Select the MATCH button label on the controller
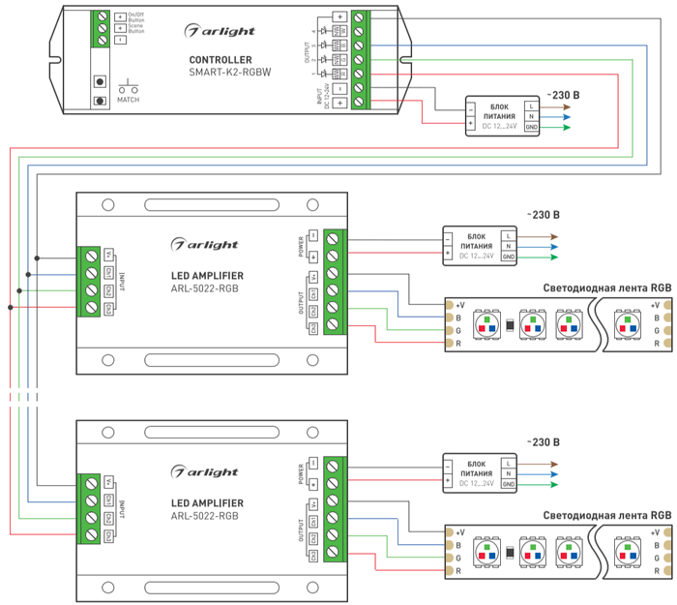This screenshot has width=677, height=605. pyautogui.click(x=128, y=100)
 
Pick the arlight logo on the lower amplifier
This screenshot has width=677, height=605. pyautogui.click(x=204, y=472)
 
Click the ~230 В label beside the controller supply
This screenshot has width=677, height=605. pyautogui.click(x=563, y=95)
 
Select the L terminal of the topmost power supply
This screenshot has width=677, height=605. pyautogui.click(x=531, y=105)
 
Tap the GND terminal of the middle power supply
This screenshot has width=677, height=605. pyautogui.click(x=509, y=257)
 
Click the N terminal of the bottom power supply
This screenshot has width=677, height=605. pyautogui.click(x=509, y=473)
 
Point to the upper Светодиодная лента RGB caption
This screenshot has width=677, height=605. pyautogui.click(x=607, y=287)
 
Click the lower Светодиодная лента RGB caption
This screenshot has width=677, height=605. pyautogui.click(x=607, y=516)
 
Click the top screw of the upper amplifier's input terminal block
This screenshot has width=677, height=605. pyautogui.click(x=90, y=255)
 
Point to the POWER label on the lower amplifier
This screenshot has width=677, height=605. pyautogui.click(x=301, y=473)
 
